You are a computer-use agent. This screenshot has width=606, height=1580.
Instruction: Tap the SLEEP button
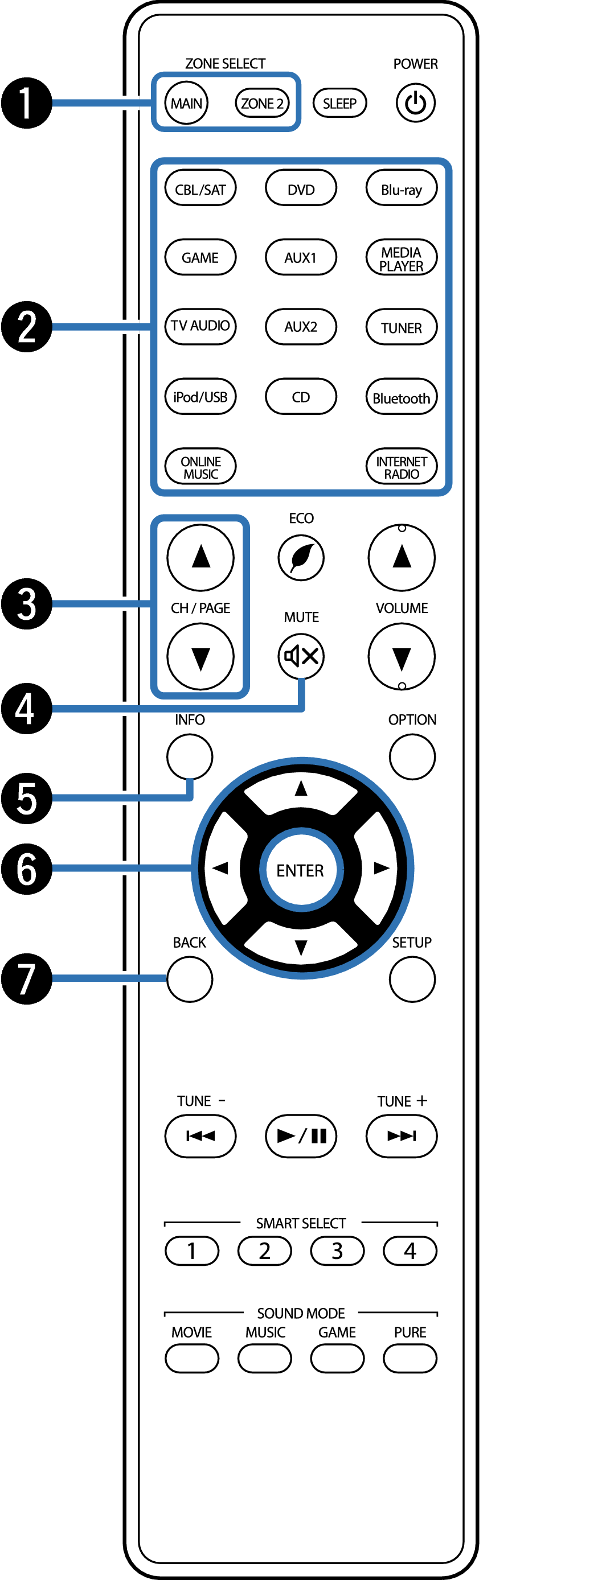pos(339,103)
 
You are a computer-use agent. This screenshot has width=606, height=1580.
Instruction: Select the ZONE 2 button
pos(262,103)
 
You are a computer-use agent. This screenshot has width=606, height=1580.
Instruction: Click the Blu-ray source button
pos(401,189)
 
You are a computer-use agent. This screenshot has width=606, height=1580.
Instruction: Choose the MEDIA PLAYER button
pos(401,258)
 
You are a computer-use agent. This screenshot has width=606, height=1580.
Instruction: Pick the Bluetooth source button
pos(401,397)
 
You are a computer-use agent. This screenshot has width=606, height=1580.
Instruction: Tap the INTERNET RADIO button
pos(401,467)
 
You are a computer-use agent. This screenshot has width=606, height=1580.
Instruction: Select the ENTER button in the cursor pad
pos(300,870)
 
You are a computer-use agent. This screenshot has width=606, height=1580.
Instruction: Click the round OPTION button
pos(412,757)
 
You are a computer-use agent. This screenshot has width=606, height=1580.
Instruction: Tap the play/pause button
pos(300,1136)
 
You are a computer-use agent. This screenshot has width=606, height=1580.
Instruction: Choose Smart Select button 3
pos(337,1250)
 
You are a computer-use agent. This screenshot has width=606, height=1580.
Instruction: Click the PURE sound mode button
pos(410,1358)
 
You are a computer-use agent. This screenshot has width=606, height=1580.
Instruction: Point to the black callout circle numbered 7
pos(26,978)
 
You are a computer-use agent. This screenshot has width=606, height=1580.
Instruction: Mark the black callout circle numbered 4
pos(26,709)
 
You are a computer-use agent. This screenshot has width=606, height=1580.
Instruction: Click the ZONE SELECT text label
pos(226,64)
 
